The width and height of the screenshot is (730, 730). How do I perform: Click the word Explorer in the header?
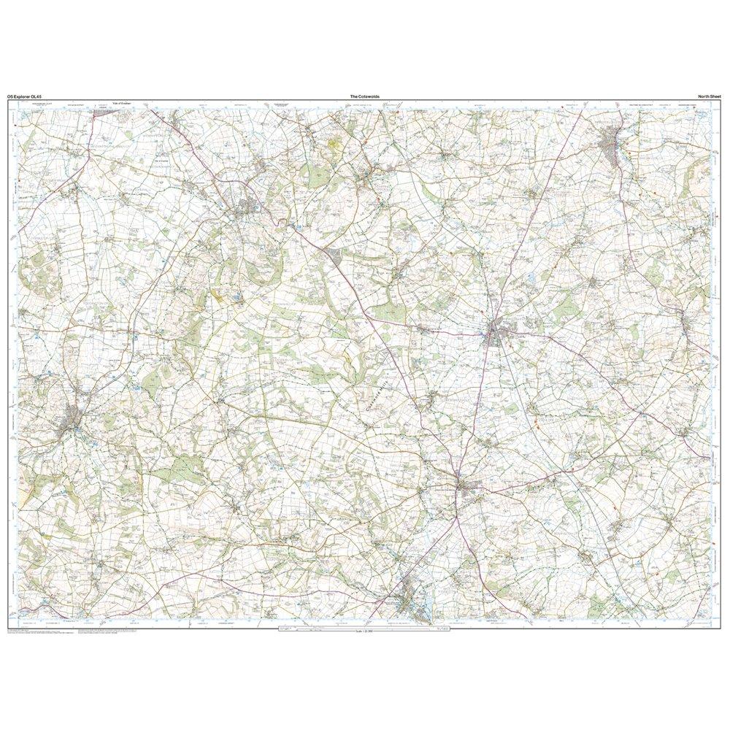(26, 96)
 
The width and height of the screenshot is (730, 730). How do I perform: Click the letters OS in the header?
(9, 96)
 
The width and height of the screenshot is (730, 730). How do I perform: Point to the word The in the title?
(353, 96)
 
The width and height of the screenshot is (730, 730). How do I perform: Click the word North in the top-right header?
(704, 96)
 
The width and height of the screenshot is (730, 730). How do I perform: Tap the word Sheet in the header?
(717, 96)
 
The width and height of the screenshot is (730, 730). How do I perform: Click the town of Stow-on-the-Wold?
(467, 488)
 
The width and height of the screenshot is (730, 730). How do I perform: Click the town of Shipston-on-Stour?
(612, 142)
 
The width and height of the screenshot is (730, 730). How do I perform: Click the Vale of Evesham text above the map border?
(123, 104)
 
